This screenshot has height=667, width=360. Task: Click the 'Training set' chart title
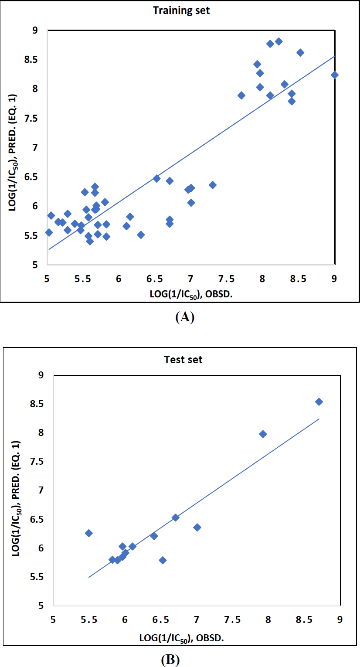point(181,10)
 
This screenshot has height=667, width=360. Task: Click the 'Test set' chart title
point(183,360)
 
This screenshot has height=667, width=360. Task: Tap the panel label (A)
point(184,317)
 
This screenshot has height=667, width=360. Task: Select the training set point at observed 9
point(334,75)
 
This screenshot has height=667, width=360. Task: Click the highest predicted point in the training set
point(279,41)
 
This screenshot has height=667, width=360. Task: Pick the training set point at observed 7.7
point(241,95)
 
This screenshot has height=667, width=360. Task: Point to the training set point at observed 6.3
point(141,235)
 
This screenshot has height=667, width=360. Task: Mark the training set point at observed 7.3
point(213,185)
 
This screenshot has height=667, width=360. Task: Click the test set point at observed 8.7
point(319,402)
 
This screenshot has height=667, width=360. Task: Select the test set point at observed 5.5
point(89,533)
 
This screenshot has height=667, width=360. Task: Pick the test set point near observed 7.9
point(263,434)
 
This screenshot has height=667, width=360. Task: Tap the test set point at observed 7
point(197,527)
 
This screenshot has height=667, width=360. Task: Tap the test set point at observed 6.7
point(175,517)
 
